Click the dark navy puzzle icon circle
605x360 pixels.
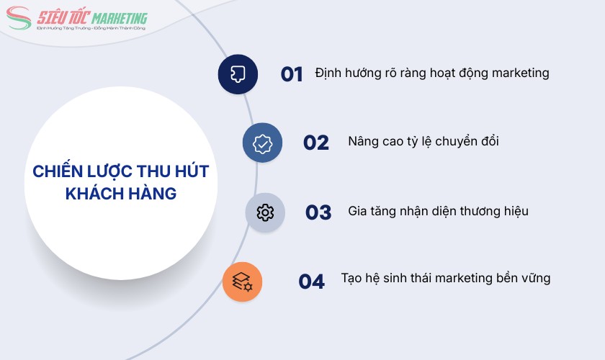pyautogui.click(x=238, y=74)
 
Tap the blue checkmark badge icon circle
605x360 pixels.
pyautogui.click(x=263, y=143)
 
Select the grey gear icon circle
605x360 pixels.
pyautogui.click(x=265, y=212)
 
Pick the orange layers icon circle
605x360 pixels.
pyautogui.click(x=243, y=282)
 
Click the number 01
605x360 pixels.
pyautogui.click(x=292, y=74)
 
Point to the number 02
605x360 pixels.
pyautogui.click(x=315, y=143)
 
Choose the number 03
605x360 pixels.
pyautogui.click(x=318, y=212)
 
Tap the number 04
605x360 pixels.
pyautogui.click(x=312, y=282)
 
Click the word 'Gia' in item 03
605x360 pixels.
pyautogui.click(x=358, y=211)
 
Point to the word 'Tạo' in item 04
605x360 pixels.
pyautogui.click(x=352, y=279)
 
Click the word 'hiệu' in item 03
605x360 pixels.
pyautogui.click(x=514, y=211)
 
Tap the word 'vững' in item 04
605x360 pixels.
pyautogui.click(x=534, y=279)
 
